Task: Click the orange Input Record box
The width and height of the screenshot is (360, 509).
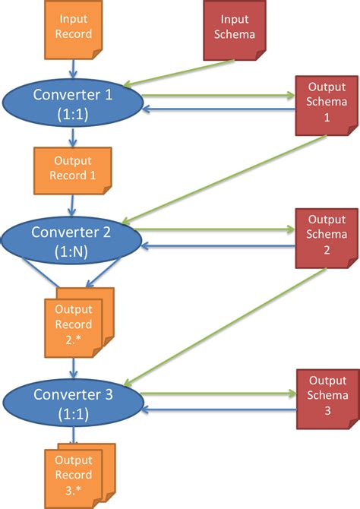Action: [73, 28]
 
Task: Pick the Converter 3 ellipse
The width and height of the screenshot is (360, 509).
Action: [73, 403]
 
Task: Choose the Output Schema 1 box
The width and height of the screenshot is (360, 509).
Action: [326, 103]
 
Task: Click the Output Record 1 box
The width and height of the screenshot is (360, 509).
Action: [73, 169]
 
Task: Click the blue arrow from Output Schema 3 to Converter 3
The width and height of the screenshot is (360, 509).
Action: [220, 409]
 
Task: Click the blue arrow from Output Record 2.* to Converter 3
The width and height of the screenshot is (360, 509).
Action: [73, 368]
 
